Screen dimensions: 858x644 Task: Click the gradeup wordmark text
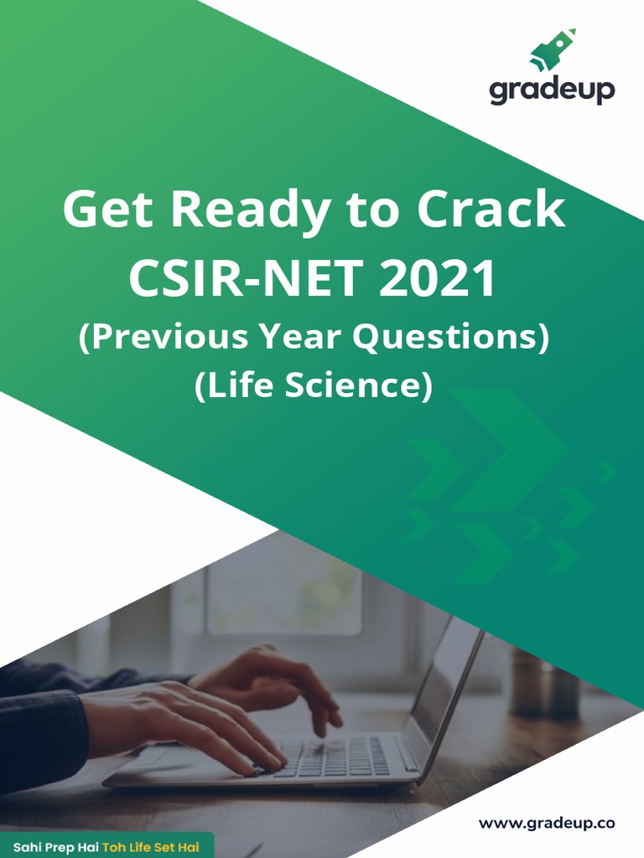552,90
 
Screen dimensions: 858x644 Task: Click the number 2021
438,280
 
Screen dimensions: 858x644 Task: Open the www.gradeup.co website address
546,824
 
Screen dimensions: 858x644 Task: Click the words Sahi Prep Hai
55,846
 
